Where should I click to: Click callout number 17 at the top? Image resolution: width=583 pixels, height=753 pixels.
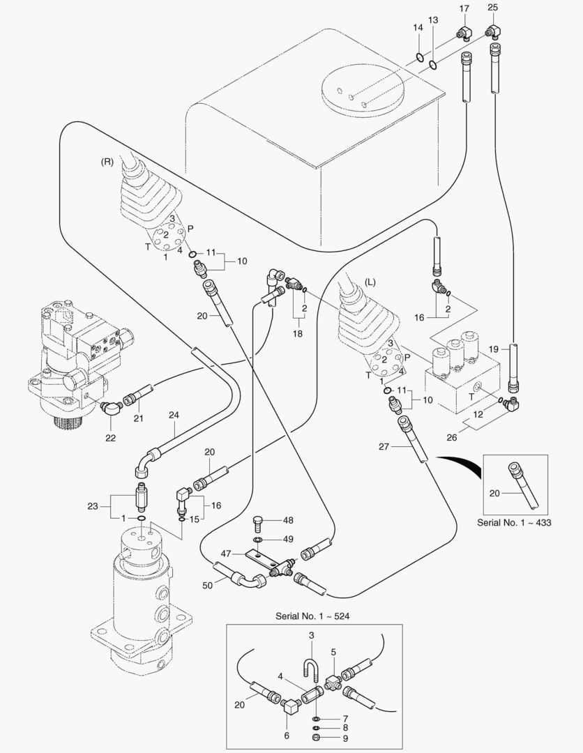(x=464, y=8)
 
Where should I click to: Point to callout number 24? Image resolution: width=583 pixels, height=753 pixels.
(x=174, y=414)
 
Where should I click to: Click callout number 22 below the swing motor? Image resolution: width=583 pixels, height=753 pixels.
(x=110, y=438)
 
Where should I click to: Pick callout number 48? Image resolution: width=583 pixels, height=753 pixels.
(x=289, y=521)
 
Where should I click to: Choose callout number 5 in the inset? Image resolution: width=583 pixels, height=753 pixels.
(x=333, y=652)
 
